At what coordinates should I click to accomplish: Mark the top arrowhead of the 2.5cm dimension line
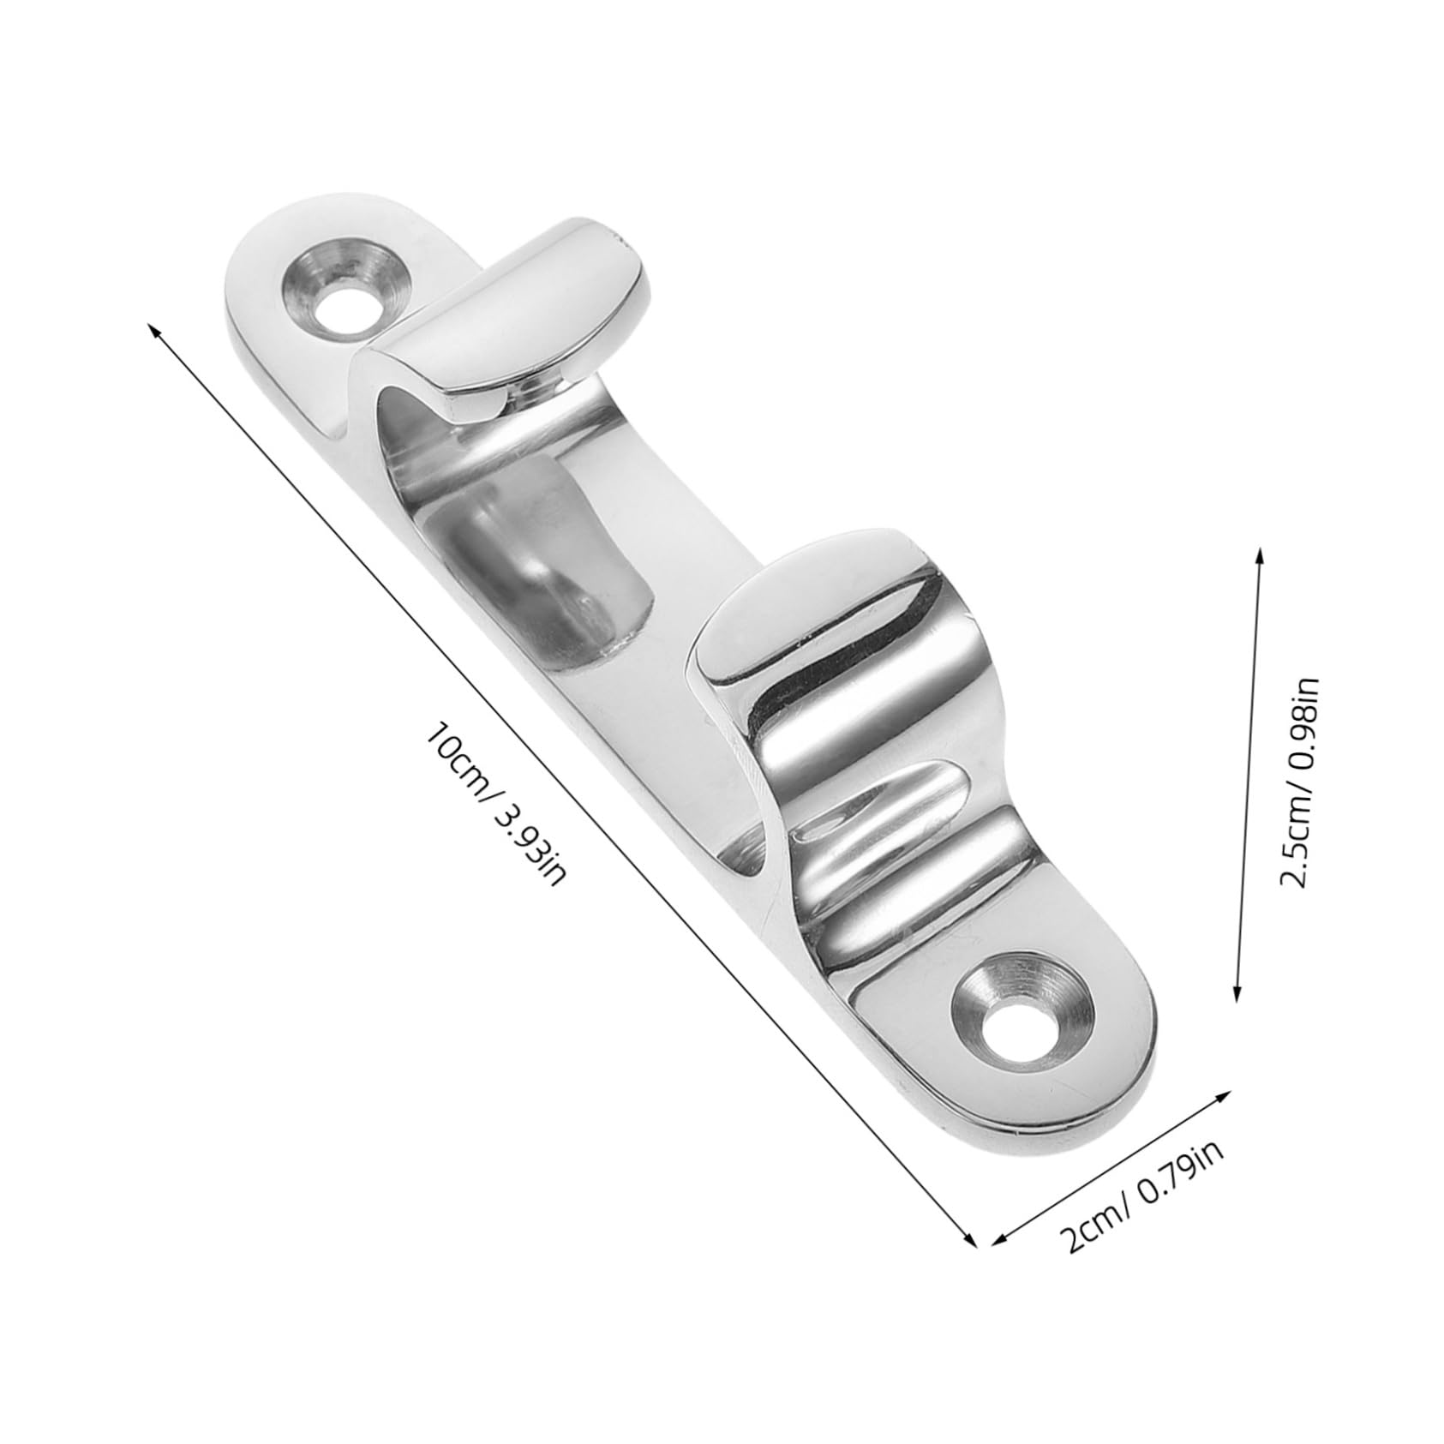click(x=1258, y=553)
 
